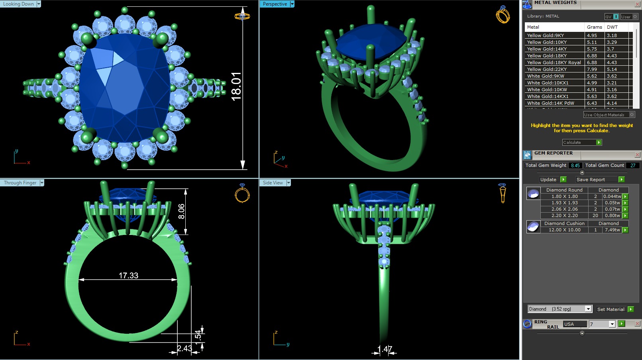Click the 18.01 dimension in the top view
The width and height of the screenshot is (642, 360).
pyautogui.click(x=236, y=86)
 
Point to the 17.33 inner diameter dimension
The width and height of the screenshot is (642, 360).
pyautogui.click(x=128, y=276)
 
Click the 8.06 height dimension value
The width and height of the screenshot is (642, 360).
pyautogui.click(x=181, y=211)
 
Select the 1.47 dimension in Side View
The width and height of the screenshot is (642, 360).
pyautogui.click(x=385, y=349)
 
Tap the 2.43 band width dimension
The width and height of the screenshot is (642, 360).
pyautogui.click(x=185, y=348)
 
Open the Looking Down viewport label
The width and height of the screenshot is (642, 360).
pyautogui.click(x=19, y=4)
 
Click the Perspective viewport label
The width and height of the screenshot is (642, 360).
pyautogui.click(x=275, y=4)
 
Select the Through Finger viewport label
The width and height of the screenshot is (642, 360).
pyautogui.click(x=20, y=183)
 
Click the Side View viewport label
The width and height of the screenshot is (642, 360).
pyautogui.click(x=273, y=183)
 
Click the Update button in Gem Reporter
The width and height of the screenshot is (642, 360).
pyautogui.click(x=548, y=180)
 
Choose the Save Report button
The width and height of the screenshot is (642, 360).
pyautogui.click(x=591, y=180)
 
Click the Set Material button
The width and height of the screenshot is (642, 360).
pyautogui.click(x=611, y=309)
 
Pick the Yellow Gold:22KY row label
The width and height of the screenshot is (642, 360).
pyautogui.click(x=547, y=69)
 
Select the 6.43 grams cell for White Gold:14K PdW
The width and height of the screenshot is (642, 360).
pyautogui.click(x=592, y=103)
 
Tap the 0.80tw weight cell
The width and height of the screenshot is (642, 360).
pyautogui.click(x=612, y=215)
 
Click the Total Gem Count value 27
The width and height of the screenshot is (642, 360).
pyautogui.click(x=633, y=165)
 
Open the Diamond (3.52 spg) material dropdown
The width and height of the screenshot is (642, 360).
pyautogui.click(x=560, y=309)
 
